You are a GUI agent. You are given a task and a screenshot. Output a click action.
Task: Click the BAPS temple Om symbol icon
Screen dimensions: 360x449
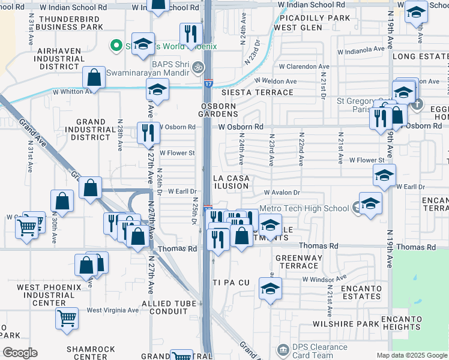(x=199, y=67)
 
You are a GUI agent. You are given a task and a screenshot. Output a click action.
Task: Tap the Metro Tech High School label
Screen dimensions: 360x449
(x=304, y=208)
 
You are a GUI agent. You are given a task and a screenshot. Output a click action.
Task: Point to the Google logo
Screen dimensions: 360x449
(x=20, y=352)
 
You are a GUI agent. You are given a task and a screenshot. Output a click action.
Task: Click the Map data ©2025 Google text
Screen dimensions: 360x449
(x=412, y=355)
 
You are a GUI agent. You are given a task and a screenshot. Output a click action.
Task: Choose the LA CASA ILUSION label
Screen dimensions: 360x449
(x=232, y=182)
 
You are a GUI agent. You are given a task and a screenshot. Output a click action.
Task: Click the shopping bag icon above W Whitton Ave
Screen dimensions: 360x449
(x=94, y=77)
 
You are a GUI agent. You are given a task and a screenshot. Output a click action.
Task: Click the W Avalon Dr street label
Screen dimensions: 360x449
(x=282, y=192)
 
